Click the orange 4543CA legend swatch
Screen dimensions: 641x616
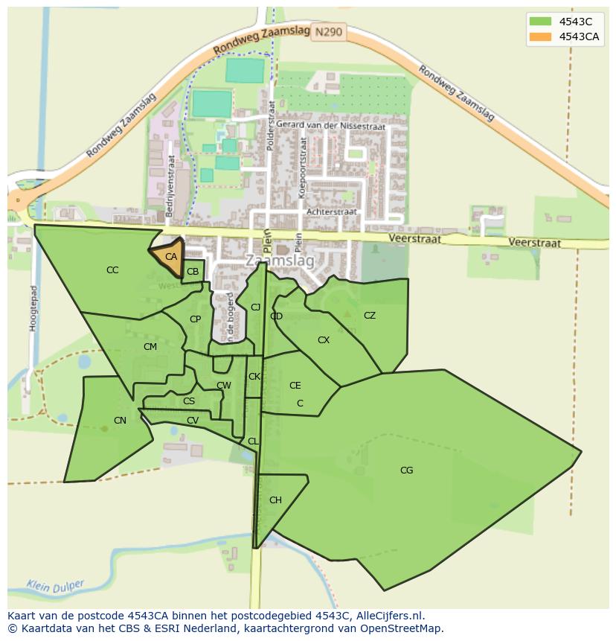(x=541, y=37)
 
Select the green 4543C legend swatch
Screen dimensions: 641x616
(x=541, y=22)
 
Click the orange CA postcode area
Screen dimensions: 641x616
(x=170, y=256)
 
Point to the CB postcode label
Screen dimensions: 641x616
(x=193, y=272)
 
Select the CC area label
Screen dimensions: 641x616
(x=112, y=270)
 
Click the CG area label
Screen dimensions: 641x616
(x=406, y=470)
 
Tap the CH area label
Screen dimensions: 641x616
(x=275, y=500)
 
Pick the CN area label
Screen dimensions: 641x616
(x=120, y=421)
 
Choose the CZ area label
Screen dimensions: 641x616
(x=370, y=316)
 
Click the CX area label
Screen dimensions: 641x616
(x=324, y=340)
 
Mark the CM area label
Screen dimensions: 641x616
(x=150, y=347)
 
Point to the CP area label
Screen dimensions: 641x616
(x=195, y=319)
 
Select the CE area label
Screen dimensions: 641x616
(x=295, y=386)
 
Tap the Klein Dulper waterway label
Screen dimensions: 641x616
(x=56, y=586)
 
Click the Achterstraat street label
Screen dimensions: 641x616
(x=332, y=212)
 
